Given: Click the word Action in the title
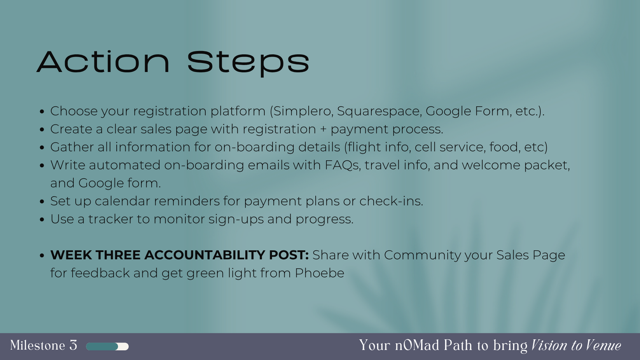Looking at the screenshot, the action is tap(103, 62).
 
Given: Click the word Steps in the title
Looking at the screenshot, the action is tap(248, 64).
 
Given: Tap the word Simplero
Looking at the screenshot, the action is tap(303, 111).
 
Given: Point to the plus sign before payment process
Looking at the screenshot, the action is tap(323, 129).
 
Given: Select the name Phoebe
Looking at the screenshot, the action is tap(320, 273).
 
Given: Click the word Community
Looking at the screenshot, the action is tap(422, 255).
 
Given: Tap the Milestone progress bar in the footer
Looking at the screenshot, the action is tap(107, 346).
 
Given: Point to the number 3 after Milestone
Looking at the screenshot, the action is tap(73, 345).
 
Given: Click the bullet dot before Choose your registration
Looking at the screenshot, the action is tap(42, 112).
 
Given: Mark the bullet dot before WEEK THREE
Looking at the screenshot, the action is tap(42, 255).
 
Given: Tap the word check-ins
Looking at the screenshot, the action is tap(391, 201).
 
